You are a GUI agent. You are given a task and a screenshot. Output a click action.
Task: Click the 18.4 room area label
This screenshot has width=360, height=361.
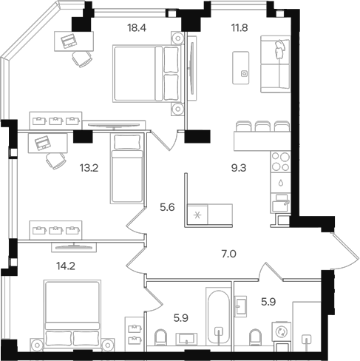pyautogui.click(x=137, y=28)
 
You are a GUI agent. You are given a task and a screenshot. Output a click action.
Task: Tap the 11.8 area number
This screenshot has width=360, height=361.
pyautogui.click(x=240, y=28)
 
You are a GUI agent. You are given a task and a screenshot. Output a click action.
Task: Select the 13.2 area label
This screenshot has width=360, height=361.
pyautogui.click(x=89, y=168)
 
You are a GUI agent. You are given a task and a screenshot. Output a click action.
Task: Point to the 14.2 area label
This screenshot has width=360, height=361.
pyautogui.click(x=66, y=266)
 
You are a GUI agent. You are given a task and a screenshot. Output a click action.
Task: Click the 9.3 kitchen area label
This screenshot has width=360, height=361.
pyautogui.click(x=239, y=168)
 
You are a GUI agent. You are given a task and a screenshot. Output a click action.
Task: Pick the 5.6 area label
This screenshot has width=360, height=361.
pyautogui.click(x=167, y=207)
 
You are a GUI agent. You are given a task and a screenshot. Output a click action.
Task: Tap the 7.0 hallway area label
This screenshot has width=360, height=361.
pyautogui.click(x=229, y=254)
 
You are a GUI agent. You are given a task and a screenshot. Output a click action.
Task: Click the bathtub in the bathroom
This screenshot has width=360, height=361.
pyautogui.click(x=219, y=316)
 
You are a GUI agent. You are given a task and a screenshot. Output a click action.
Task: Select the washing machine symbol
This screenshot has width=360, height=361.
pyautogui.click(x=281, y=331)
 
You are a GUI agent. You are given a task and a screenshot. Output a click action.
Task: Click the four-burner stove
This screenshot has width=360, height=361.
pyautogui.click(x=280, y=162)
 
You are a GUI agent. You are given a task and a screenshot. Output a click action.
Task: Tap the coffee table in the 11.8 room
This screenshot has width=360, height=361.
pyautogui.click(x=240, y=68)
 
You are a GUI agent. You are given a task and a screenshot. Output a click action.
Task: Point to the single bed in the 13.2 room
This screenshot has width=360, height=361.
pyautogui.click(x=127, y=169)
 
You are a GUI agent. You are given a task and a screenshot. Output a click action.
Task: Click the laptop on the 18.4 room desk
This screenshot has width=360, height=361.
pyautogui.click(x=69, y=41)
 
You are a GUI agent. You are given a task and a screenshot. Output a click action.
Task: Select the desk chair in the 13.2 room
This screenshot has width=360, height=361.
pyautogui.click(x=56, y=161)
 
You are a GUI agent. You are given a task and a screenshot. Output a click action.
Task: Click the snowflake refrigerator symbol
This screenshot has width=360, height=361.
pyautogui.click(x=197, y=216)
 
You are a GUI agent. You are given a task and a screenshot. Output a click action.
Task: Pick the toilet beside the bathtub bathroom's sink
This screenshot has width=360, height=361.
pyautogui.click(x=160, y=337)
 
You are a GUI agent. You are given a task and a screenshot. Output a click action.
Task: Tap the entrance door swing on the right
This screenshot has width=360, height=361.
pyautogui.click(x=345, y=251)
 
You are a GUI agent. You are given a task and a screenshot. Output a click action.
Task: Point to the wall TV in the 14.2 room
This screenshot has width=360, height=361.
pyautogui.click(x=74, y=247)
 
